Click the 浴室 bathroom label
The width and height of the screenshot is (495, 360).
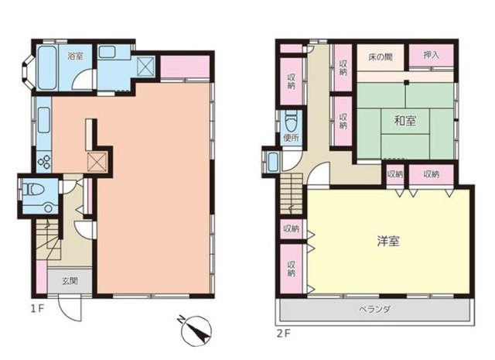point(76,56)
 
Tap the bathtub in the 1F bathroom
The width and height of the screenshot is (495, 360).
point(47,67)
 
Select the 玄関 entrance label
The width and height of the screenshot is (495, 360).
point(70,281)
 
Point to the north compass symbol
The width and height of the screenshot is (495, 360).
point(196,331)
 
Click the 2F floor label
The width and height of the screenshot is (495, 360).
point(284,334)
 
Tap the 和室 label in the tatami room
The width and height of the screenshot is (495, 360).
point(405,121)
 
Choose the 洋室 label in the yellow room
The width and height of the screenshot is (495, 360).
point(388,241)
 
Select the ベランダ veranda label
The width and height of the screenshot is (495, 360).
point(374,309)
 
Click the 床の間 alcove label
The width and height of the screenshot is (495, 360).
point(380,57)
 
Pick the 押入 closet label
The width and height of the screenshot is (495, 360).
point(431,55)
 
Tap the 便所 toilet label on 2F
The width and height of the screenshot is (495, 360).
point(291,138)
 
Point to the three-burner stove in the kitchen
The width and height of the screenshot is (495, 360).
point(44,162)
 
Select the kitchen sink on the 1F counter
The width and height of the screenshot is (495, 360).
point(44,120)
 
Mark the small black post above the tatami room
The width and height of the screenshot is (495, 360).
point(406,83)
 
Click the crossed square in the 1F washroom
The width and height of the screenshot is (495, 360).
point(145,67)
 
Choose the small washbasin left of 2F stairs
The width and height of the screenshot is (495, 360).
point(272,162)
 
